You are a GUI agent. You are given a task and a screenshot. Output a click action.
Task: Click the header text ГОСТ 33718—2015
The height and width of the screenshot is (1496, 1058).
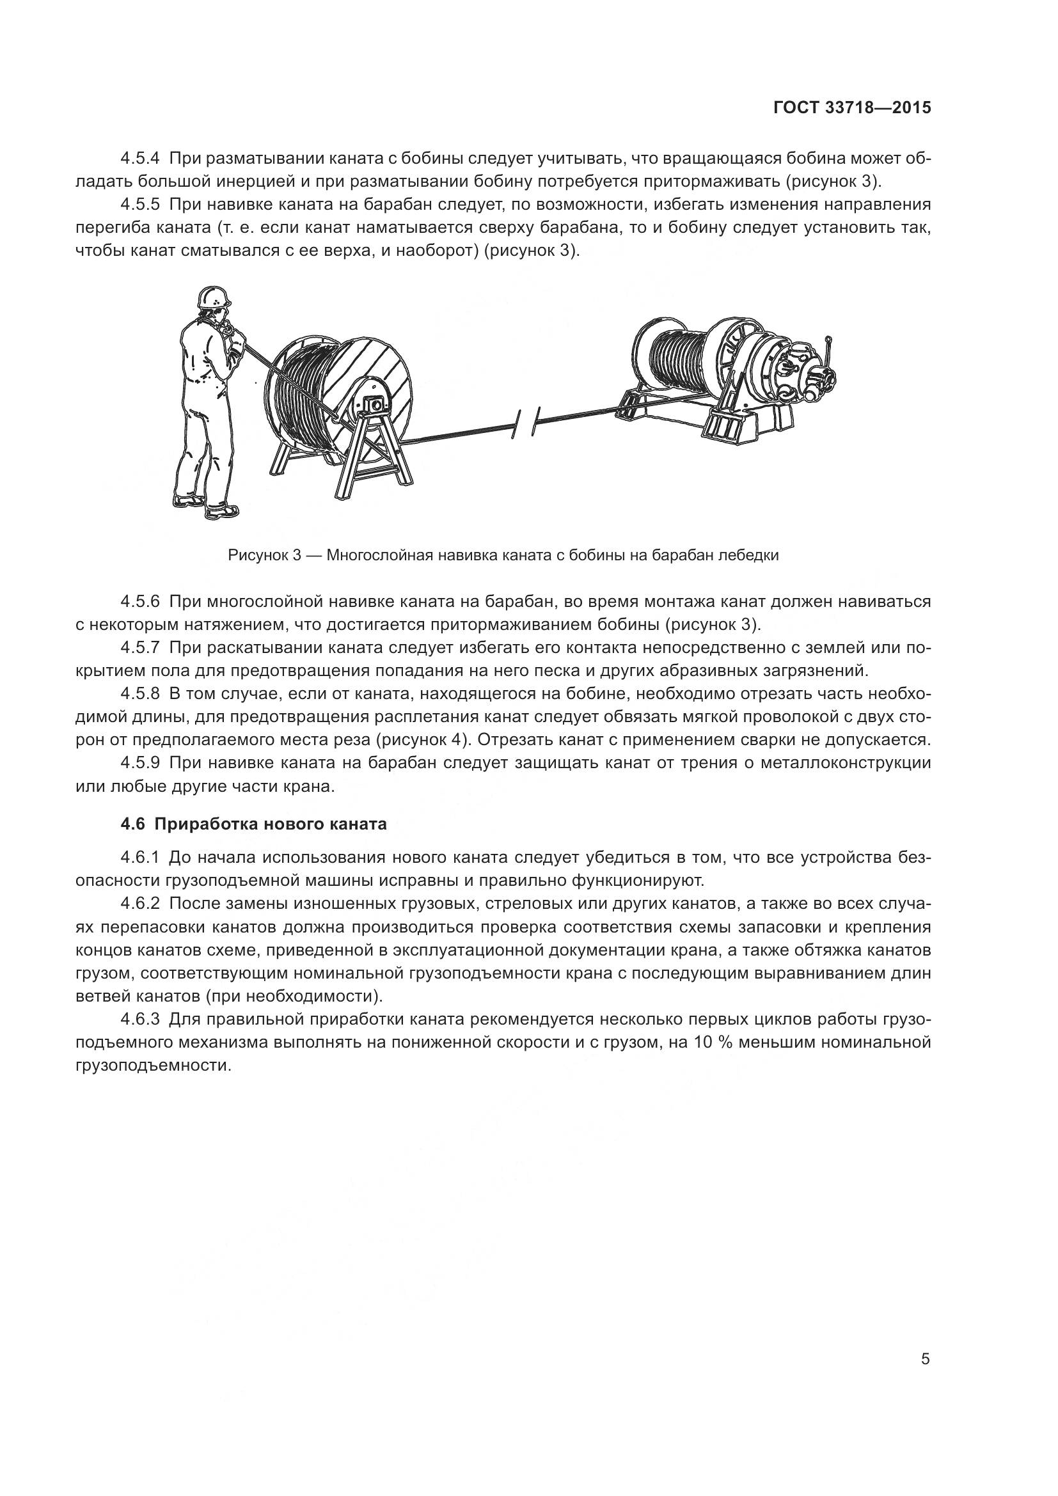(x=852, y=108)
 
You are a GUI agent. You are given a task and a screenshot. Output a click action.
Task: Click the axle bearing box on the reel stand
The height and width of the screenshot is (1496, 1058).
(x=374, y=405)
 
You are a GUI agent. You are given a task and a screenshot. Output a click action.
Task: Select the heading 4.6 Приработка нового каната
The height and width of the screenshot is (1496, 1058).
(x=253, y=824)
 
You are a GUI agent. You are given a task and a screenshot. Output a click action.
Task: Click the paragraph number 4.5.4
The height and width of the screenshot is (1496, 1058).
(x=140, y=159)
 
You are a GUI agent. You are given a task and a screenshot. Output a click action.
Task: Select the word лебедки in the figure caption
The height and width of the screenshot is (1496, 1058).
(x=752, y=556)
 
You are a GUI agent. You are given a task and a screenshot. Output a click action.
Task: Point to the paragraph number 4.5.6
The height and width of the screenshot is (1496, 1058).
(x=140, y=601)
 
